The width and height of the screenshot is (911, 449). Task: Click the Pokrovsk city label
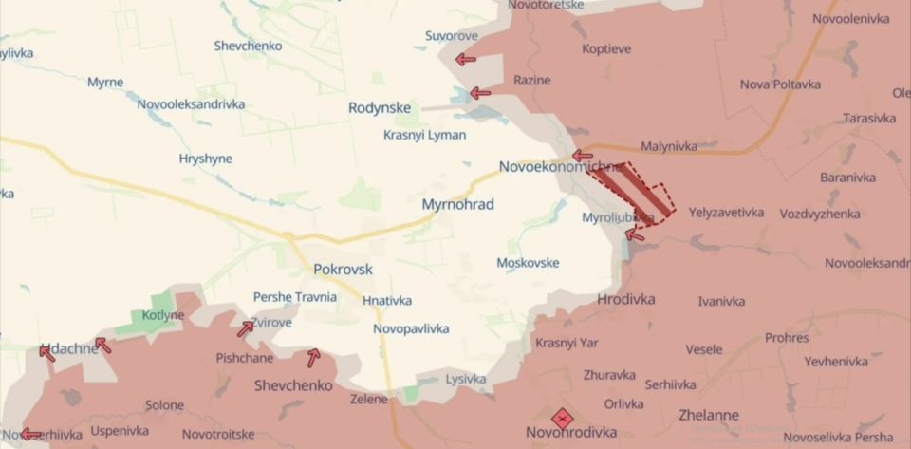coord(343,270)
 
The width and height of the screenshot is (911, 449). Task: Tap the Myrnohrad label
coord(457,204)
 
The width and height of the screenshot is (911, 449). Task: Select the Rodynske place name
coord(380,108)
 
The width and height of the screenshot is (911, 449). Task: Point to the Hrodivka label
coord(626,299)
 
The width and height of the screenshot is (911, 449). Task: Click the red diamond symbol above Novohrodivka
coord(562,418)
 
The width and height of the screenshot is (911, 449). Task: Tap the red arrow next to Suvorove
coord(466,60)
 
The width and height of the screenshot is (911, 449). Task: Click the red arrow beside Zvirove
coord(246,328)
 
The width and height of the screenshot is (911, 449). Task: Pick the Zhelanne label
coord(709,415)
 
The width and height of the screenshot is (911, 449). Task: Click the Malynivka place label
coord(669,146)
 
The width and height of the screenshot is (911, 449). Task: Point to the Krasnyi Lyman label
coord(424,135)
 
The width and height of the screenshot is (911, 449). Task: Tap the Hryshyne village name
coord(205,159)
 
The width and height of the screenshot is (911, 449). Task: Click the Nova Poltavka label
coord(780,84)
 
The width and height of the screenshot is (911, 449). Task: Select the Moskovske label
coord(528,263)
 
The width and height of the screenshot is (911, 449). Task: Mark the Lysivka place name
coord(465,379)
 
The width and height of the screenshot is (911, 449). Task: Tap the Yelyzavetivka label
coord(726,213)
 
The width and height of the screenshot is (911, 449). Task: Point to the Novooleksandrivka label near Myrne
coord(191,104)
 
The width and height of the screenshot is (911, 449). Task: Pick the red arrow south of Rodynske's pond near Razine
coord(480,93)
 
